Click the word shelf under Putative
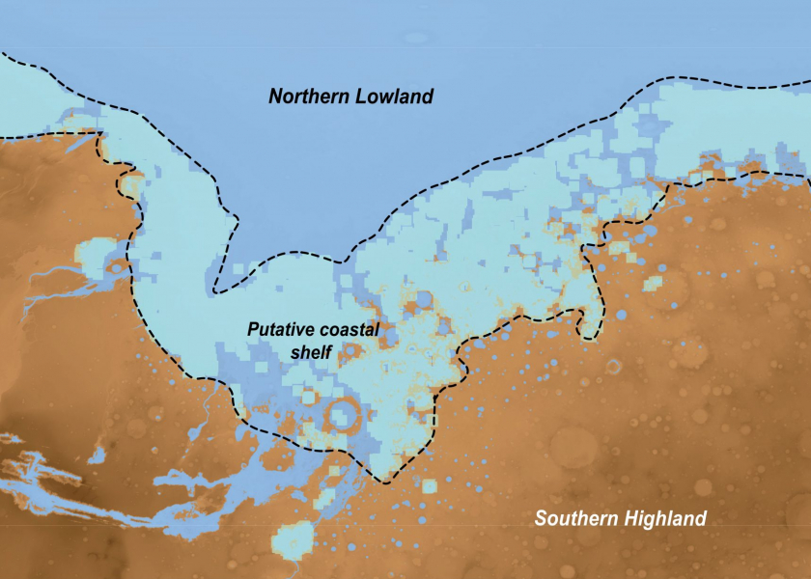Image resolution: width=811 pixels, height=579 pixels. coord(311,351)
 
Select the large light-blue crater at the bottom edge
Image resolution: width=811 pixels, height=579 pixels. coord(293,540)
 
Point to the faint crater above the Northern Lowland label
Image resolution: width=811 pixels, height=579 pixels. coord(416,39)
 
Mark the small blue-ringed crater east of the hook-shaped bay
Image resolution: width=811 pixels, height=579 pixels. coord(614,366)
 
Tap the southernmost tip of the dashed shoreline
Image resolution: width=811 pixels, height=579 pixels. coord(387,481)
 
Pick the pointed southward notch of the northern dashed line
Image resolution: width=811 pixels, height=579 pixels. coord(218,287)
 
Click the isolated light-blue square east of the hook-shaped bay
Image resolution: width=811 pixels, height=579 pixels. coord(654,283)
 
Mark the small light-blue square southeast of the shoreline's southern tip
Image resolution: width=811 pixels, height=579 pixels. coord(427,485)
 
